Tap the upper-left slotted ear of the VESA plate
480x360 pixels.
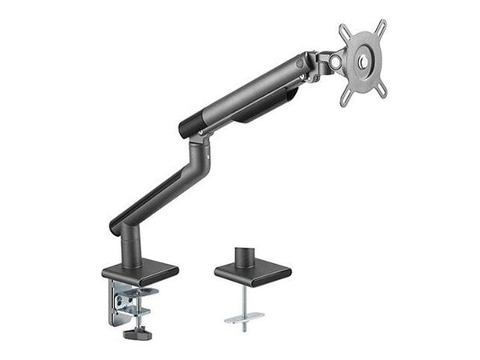pyautogui.click(x=344, y=32)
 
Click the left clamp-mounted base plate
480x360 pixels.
pyautogui.click(x=140, y=273)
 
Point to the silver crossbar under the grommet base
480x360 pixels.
pyautogui.click(x=245, y=317)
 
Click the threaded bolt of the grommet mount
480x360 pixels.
pyautogui.click(x=246, y=300)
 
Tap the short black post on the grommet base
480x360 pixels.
pyautogui.click(x=246, y=256)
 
